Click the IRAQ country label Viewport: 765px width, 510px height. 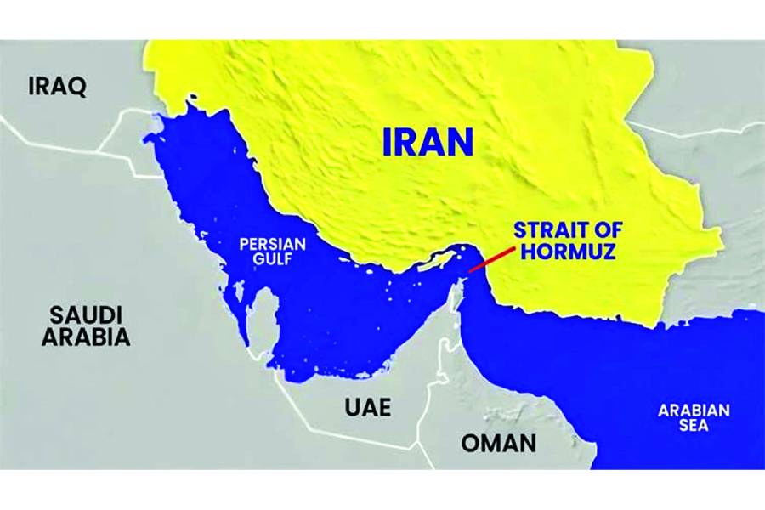[x=58, y=88]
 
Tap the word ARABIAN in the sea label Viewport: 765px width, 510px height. [x=694, y=410]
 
